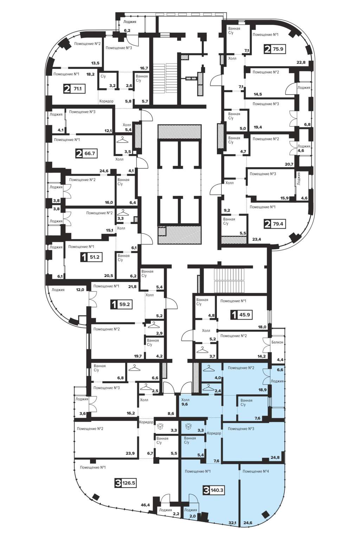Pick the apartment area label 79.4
click(278, 224)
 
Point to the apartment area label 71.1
click(77, 89)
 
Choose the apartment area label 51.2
click(95, 257)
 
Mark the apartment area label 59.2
click(125, 304)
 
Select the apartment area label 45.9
click(244, 315)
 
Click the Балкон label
click(277, 342)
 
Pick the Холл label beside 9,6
click(185, 400)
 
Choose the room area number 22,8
click(301, 62)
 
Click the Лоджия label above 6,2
click(130, 22)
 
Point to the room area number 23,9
click(130, 453)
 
